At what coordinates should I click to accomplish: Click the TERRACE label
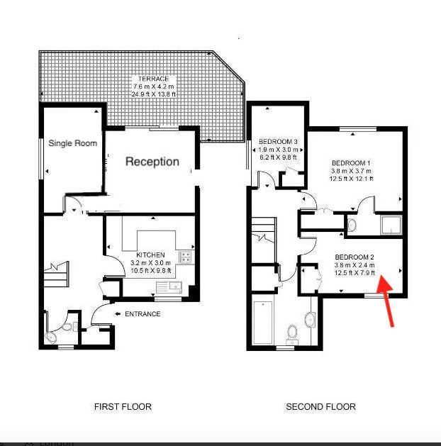154,79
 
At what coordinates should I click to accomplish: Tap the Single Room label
73,143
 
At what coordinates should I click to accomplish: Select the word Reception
152,162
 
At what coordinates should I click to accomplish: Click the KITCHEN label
151,255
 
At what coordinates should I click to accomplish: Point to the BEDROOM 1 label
351,163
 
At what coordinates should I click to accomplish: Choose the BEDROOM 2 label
355,257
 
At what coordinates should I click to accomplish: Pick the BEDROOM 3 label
278,142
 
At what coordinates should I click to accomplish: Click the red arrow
386,301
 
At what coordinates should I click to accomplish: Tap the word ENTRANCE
143,314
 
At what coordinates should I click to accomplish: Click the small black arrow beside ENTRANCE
118,314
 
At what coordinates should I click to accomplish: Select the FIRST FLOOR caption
123,407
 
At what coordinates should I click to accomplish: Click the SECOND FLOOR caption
320,407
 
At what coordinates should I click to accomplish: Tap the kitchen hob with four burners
185,257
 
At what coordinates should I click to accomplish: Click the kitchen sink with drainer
169,288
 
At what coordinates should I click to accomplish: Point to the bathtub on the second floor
263,323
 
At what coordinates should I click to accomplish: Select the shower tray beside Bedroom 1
391,225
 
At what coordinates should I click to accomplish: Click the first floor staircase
56,274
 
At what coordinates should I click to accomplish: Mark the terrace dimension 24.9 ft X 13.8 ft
154,94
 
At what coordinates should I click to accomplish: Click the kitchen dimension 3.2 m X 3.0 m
151,263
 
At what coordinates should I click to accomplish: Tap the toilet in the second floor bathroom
292,333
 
